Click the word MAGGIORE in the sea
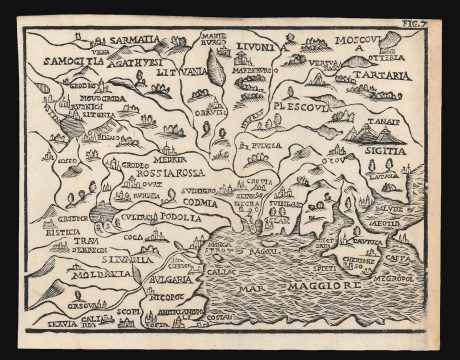point(315,290)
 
